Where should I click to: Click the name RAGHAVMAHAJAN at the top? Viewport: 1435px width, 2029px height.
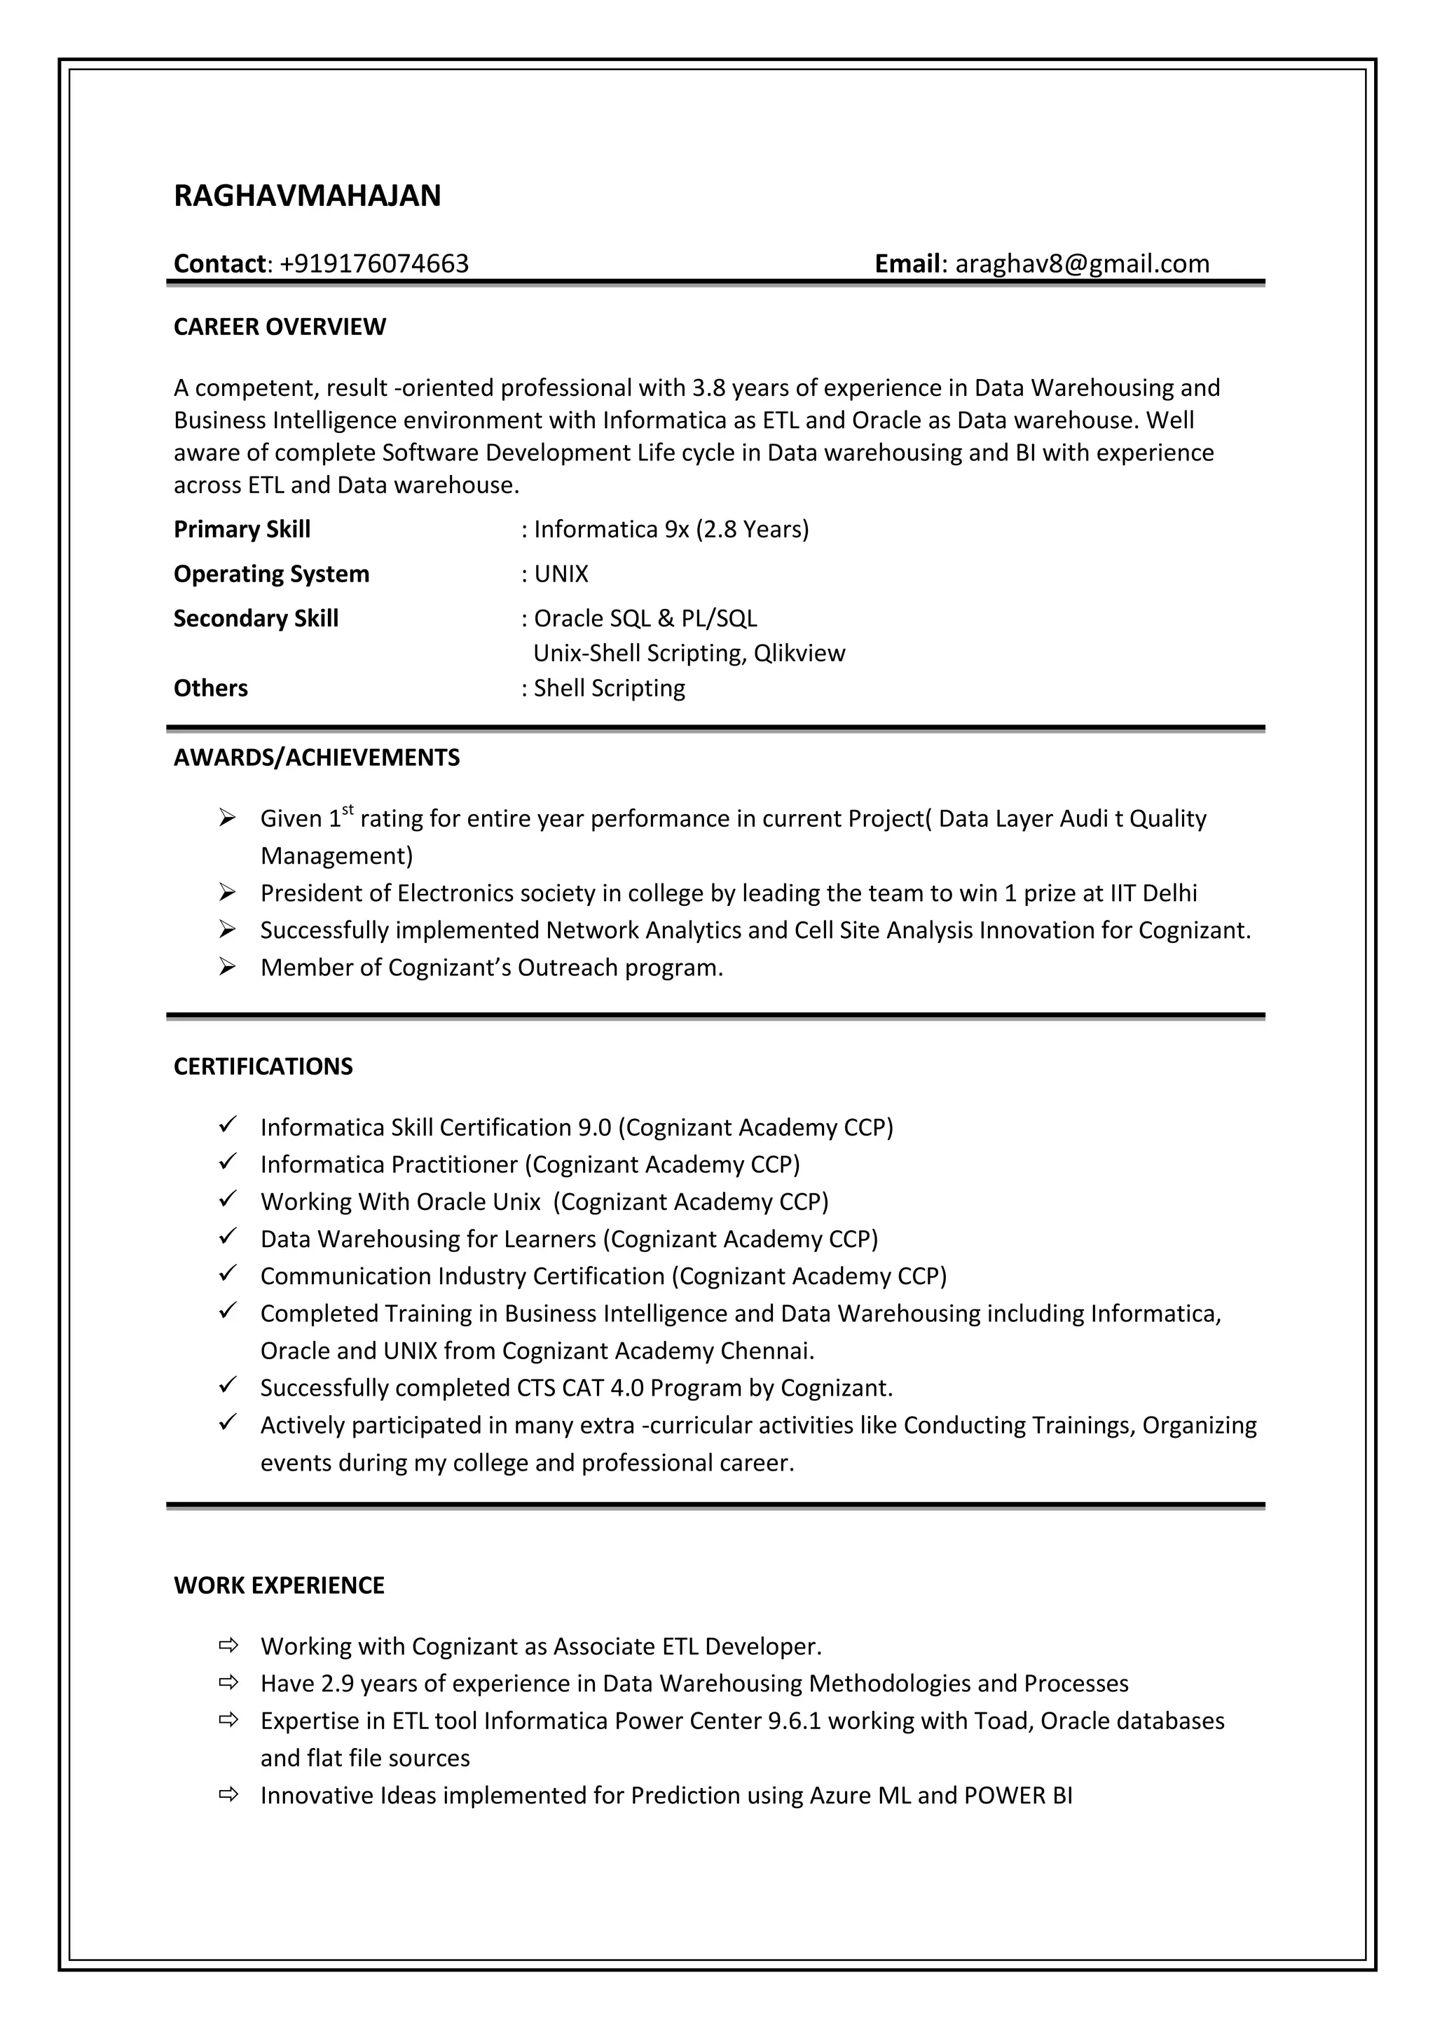pos(307,195)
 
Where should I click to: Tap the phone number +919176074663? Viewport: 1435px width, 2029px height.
pos(373,263)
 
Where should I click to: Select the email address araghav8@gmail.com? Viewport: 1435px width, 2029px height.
pos(1082,263)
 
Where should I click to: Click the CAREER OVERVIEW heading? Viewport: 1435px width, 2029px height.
pos(280,327)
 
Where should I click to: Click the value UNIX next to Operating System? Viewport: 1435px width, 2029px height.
pos(561,575)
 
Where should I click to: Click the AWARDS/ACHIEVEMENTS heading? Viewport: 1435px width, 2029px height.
pos(316,757)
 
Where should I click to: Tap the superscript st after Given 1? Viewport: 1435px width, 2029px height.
pos(348,809)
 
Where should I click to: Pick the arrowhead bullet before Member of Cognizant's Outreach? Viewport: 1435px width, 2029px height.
pos(227,968)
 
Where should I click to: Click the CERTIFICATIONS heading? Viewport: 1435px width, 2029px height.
pos(263,1066)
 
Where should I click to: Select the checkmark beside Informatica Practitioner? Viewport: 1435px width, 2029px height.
pos(227,1164)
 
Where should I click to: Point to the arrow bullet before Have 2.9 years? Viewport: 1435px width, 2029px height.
pos(228,1683)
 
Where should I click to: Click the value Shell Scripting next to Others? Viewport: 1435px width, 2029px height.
pos(609,689)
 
